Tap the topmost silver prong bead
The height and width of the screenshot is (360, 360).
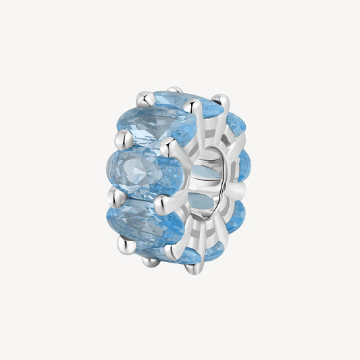pos(175,89)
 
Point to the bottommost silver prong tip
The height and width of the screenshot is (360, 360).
pos(195,269)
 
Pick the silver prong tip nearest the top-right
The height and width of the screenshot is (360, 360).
pos(222,101)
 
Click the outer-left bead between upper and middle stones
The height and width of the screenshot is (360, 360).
pos(122,140)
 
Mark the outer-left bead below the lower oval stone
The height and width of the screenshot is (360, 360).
pos(124,244)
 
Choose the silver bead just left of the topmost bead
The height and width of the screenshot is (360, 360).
pos(145,99)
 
